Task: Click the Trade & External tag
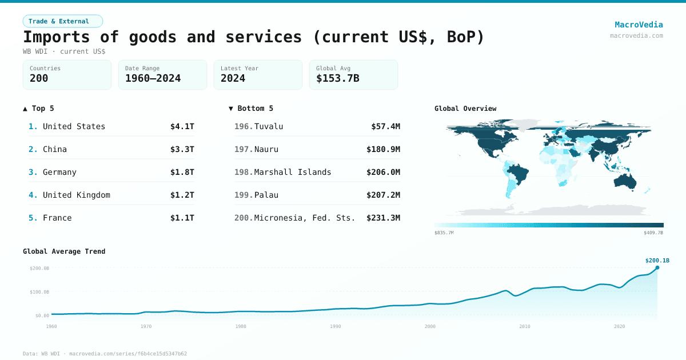point(63,21)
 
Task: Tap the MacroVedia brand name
point(639,25)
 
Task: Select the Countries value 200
point(39,78)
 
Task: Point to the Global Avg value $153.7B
point(338,78)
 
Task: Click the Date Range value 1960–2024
point(153,78)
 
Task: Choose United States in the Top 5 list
point(74,126)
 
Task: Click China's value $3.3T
point(182,149)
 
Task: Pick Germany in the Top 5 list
point(59,172)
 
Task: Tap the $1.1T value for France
point(182,218)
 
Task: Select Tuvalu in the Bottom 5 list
point(269,126)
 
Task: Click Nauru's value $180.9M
point(383,149)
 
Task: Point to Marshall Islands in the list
point(292,172)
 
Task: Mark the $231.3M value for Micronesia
point(383,218)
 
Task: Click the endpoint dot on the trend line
point(657,267)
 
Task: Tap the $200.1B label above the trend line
point(657,261)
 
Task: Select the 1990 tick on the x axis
point(336,326)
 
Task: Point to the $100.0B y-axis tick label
point(39,292)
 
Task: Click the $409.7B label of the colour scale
point(653,233)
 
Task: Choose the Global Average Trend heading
point(64,251)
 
